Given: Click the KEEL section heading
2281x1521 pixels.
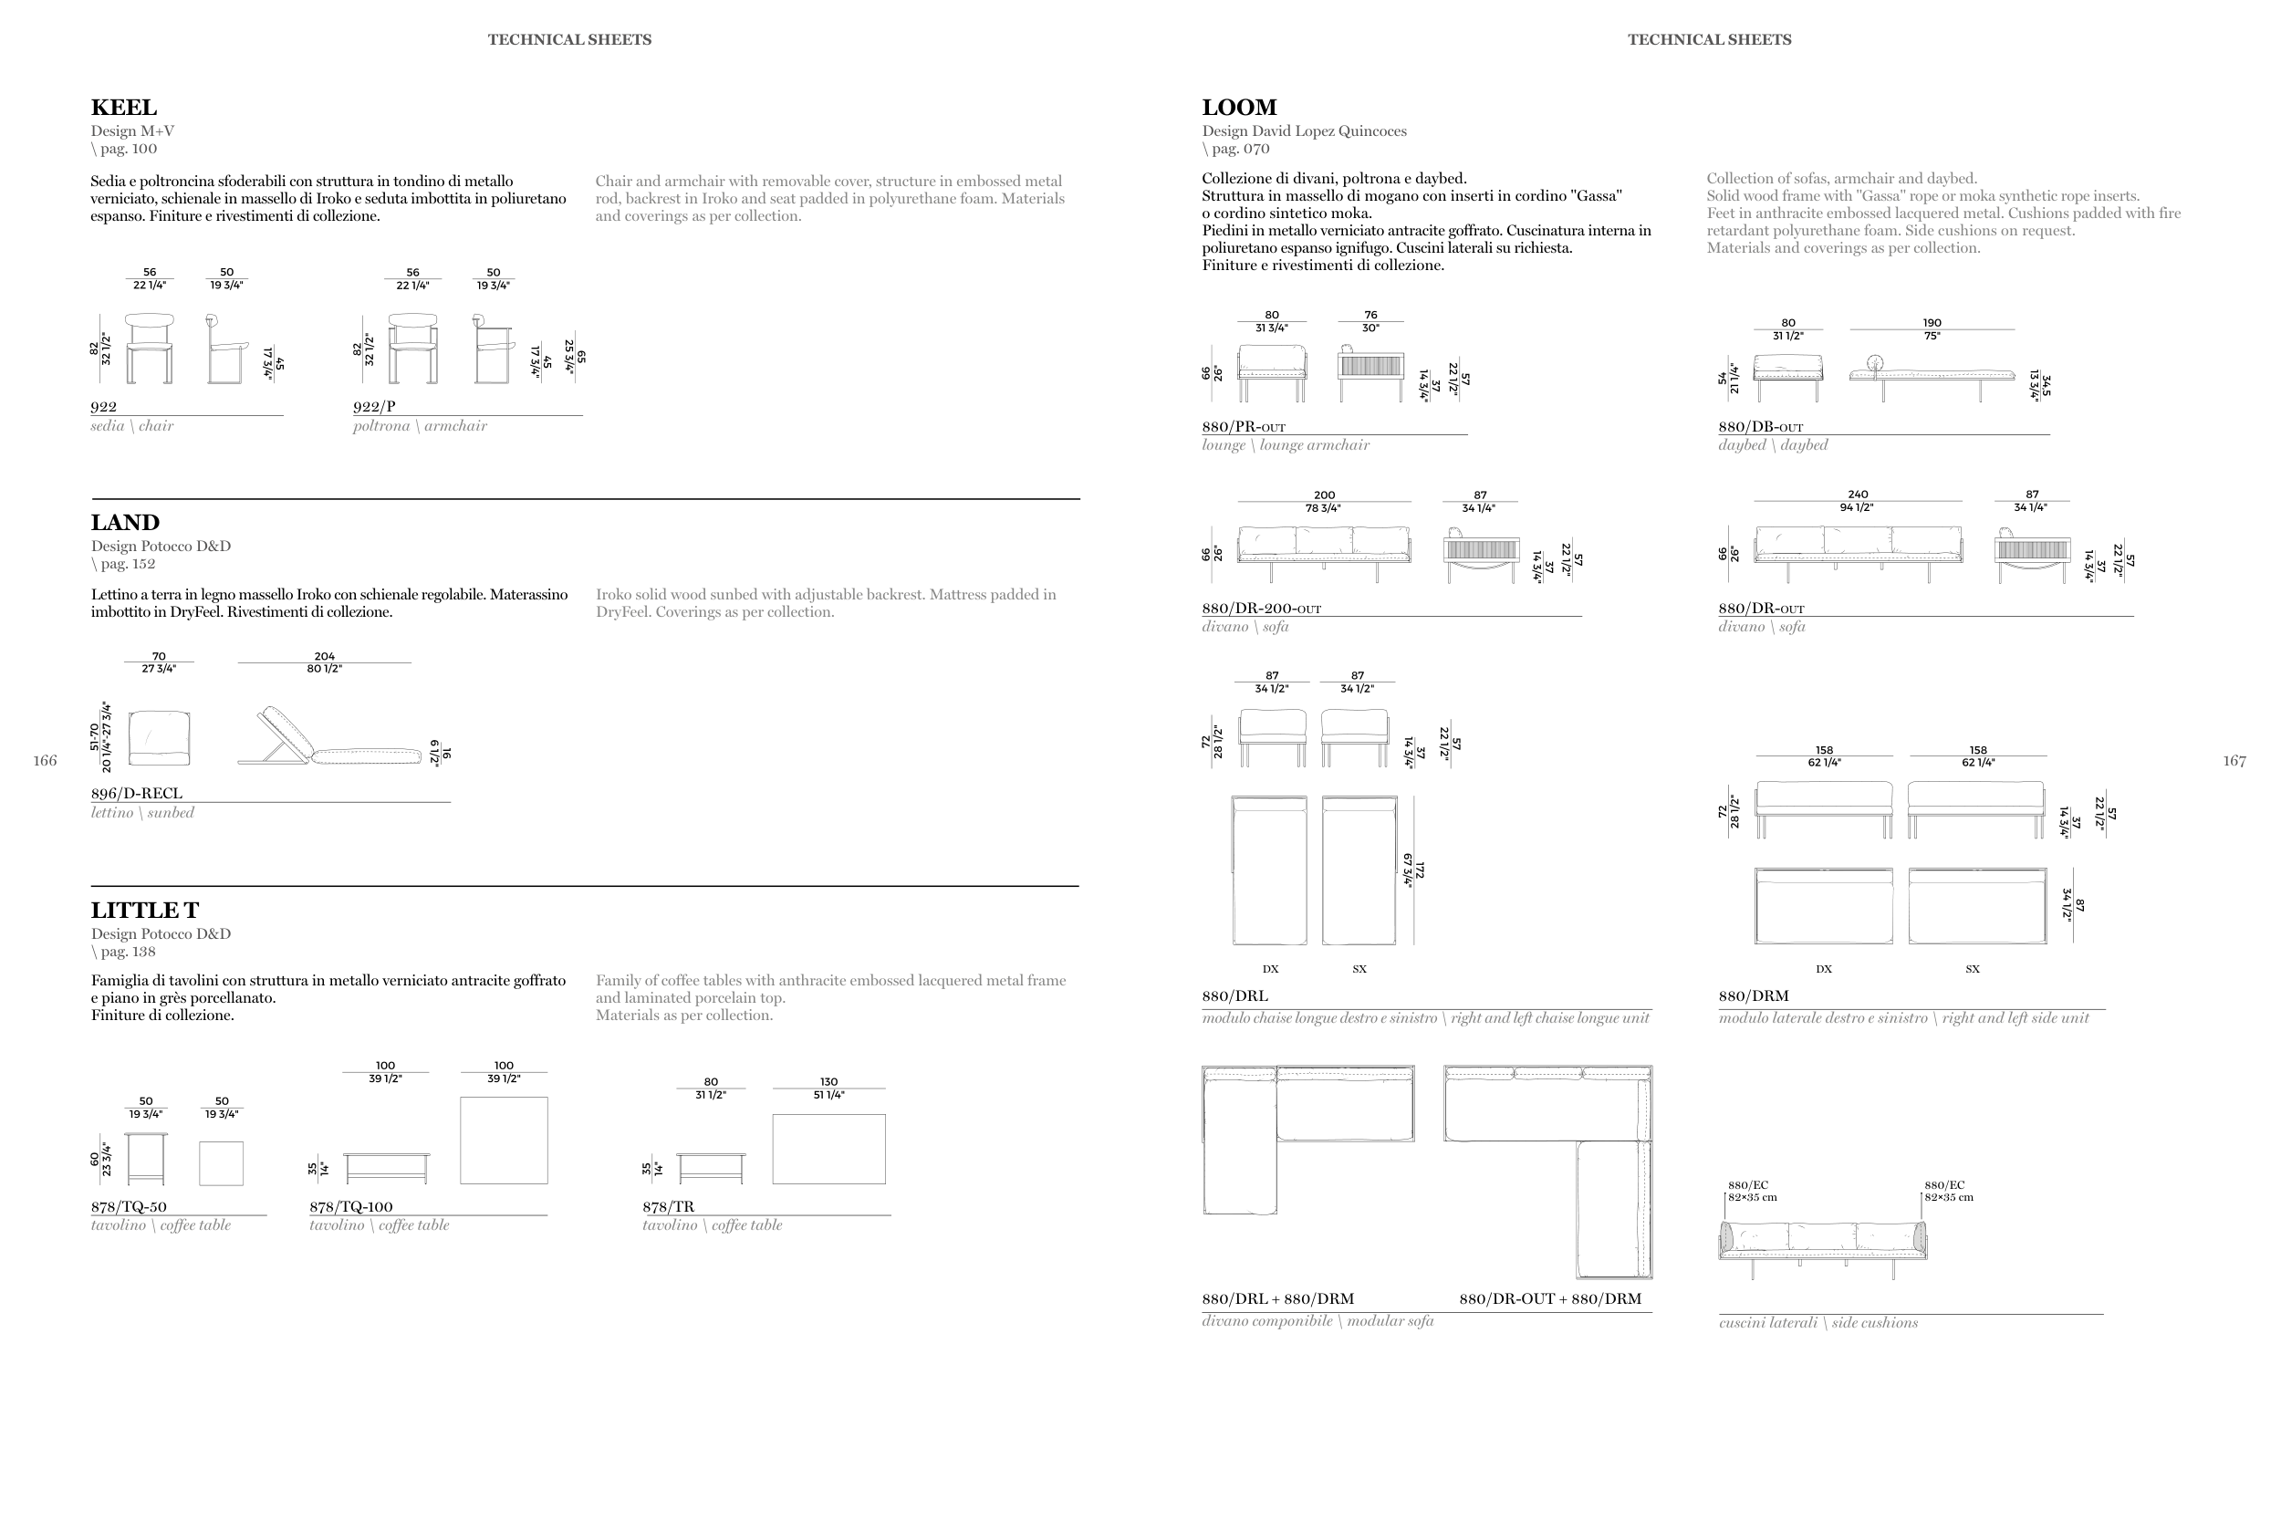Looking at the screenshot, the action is tap(123, 108).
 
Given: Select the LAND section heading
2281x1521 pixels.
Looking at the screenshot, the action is tap(125, 523).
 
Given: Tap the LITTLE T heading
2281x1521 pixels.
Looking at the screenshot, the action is tap(144, 910).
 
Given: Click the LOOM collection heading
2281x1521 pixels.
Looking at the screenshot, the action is tap(1239, 108).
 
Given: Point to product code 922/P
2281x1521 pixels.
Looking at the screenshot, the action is tap(374, 406).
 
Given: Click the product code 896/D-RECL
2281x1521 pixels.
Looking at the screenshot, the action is tap(137, 794).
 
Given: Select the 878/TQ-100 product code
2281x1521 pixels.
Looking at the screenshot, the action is tap(351, 1207).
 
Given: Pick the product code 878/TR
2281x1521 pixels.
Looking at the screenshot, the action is tap(668, 1207).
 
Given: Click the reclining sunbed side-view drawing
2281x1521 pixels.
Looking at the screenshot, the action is tap(329, 736).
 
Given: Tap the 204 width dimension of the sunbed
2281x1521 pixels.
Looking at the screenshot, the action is tap(325, 657).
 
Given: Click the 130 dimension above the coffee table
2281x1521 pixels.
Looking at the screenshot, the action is tap(829, 1081).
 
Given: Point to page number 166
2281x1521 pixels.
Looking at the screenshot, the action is tap(45, 761).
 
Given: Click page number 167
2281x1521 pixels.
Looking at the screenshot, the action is tap(2234, 761).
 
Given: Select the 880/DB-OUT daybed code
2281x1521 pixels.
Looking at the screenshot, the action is tap(1760, 427).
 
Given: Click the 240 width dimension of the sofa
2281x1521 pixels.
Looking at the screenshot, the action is tap(1859, 495).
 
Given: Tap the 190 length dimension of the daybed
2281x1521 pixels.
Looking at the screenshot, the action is tap(1932, 323).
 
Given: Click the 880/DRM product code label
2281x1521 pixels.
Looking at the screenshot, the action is tap(1754, 996).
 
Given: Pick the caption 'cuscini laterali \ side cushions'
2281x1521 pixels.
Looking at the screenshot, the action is tap(1818, 1323).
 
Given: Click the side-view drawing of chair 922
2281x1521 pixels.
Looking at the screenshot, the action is tap(227, 349).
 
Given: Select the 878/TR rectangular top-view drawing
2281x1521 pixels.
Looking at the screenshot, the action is tap(829, 1149).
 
